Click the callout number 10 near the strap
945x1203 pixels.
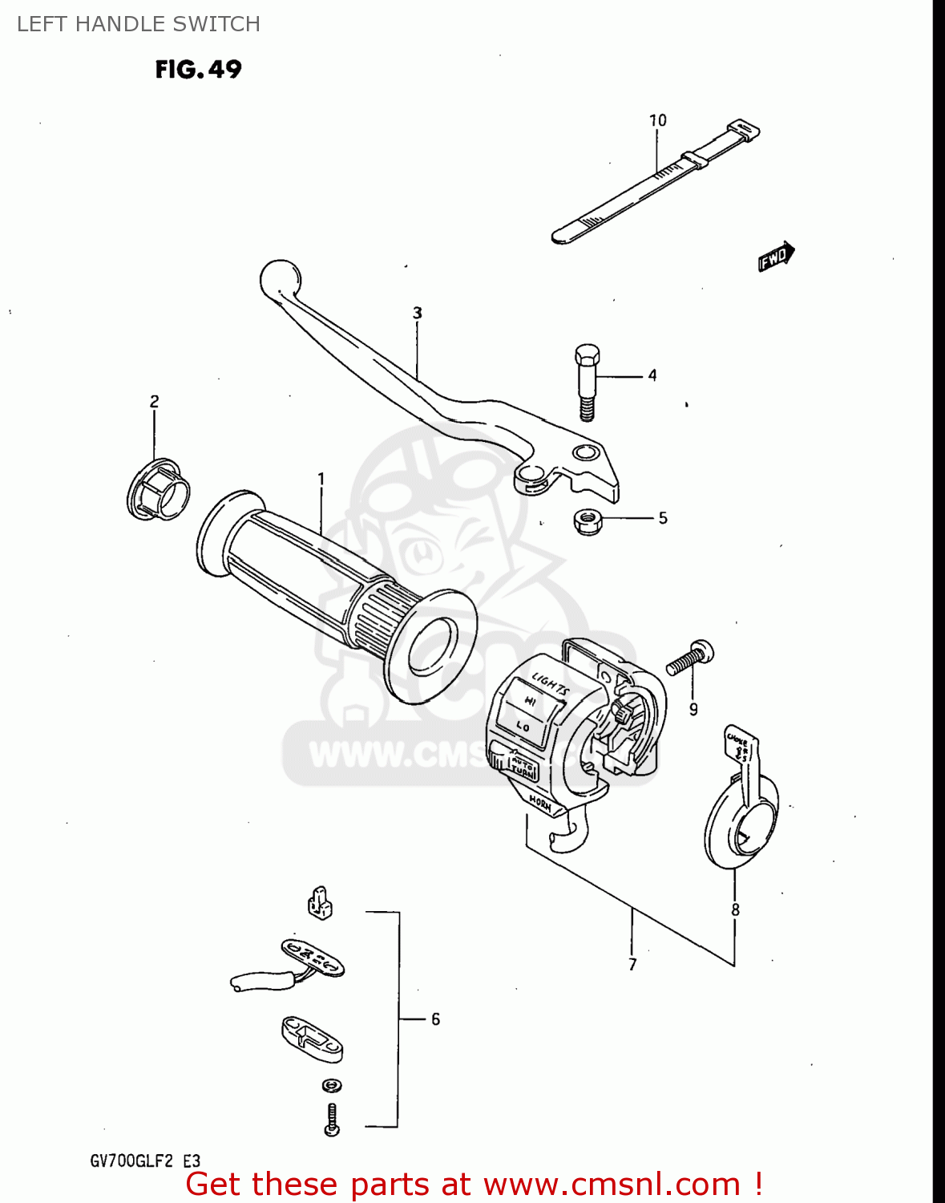tap(657, 120)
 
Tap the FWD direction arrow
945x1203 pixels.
tap(776, 257)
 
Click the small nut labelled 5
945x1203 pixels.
tap(589, 521)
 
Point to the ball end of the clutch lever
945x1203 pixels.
tap(280, 280)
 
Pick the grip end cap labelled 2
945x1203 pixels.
tap(159, 488)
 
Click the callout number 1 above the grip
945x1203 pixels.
tap(321, 479)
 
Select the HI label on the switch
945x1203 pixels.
tap(530, 701)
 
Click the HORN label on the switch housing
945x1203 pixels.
tap(541, 804)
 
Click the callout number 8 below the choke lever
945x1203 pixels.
tap(735, 909)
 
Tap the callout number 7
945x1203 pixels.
tap(632, 965)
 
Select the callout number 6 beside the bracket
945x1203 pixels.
tap(435, 1019)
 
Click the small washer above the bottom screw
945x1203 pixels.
tap(332, 1086)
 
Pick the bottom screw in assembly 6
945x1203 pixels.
tap(332, 1119)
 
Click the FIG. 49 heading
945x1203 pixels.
tap(198, 70)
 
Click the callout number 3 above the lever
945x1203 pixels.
tap(417, 313)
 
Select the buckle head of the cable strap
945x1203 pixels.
tap(743, 130)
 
